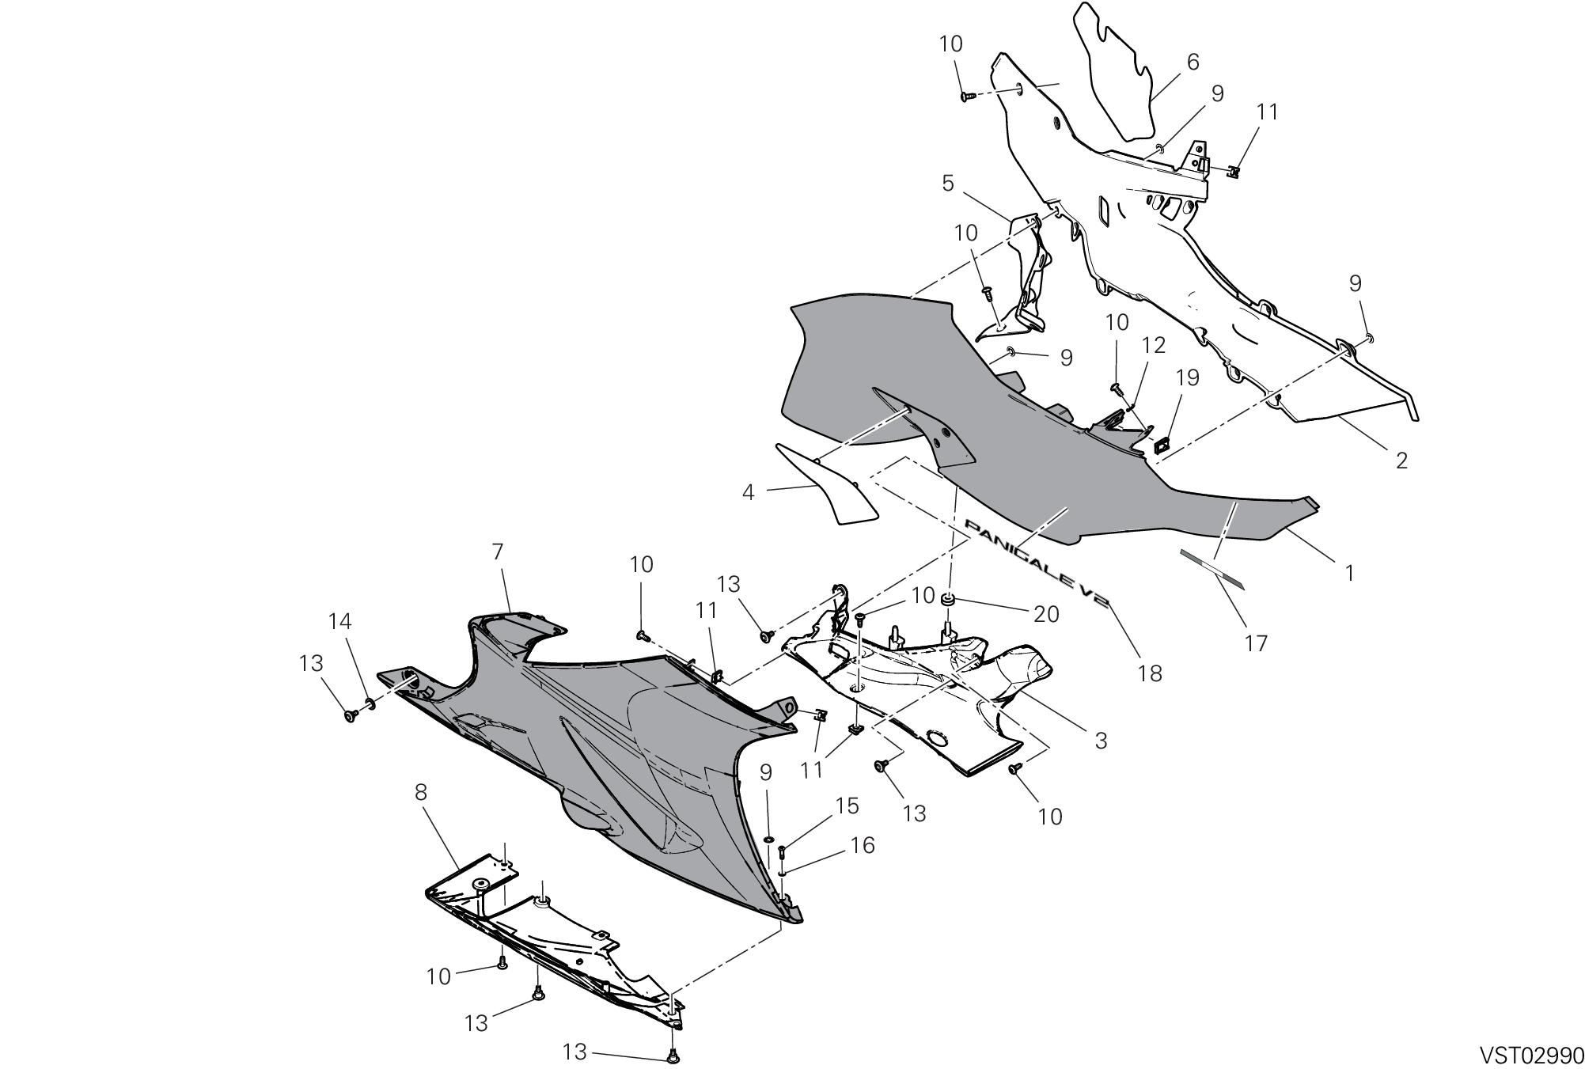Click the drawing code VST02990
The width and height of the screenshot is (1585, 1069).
click(1531, 1055)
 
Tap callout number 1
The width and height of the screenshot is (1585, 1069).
click(1349, 572)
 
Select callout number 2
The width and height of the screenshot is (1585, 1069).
click(1401, 461)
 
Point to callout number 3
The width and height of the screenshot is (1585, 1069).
click(1101, 740)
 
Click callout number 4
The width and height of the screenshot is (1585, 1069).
click(748, 492)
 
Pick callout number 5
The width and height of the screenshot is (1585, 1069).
click(948, 184)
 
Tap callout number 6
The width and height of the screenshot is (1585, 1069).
click(1193, 62)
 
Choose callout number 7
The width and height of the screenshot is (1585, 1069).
click(498, 552)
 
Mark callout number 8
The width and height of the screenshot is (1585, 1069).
click(421, 792)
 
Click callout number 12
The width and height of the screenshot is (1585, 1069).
click(1155, 345)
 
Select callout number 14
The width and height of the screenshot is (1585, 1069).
click(340, 622)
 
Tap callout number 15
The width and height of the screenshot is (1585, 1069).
click(847, 806)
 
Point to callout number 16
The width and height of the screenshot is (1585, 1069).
click(863, 846)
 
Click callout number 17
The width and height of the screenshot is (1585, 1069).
click(1257, 643)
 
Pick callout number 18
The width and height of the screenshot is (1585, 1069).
click(1150, 673)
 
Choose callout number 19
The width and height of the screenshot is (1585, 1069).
click(1188, 378)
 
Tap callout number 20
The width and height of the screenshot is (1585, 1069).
click(1046, 613)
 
